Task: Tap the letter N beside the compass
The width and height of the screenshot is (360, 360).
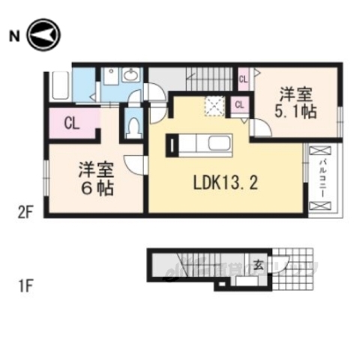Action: (x=13, y=34)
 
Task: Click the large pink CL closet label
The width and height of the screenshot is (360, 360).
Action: (x=72, y=124)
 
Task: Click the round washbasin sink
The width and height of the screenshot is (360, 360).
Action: (x=132, y=75)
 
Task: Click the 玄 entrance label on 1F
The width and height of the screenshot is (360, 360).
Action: (x=257, y=263)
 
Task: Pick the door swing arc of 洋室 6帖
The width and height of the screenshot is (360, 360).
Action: (x=134, y=164)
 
